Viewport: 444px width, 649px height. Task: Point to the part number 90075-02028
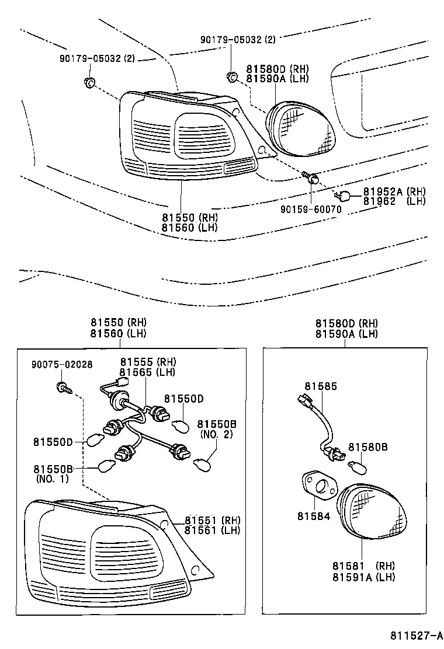[62, 364]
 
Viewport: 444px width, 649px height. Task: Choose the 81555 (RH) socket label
[148, 362]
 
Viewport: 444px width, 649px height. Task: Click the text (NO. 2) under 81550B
[216, 434]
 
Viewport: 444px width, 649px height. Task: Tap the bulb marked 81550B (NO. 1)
[107, 466]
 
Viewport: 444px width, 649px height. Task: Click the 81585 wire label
[320, 386]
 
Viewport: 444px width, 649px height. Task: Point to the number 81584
[313, 517]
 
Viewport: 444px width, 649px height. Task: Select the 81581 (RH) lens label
[364, 566]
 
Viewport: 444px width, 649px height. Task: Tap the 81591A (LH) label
[364, 577]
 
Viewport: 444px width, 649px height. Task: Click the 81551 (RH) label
[212, 520]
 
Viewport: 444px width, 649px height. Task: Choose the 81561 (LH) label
[212, 530]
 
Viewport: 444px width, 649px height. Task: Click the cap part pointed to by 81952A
[344, 195]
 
